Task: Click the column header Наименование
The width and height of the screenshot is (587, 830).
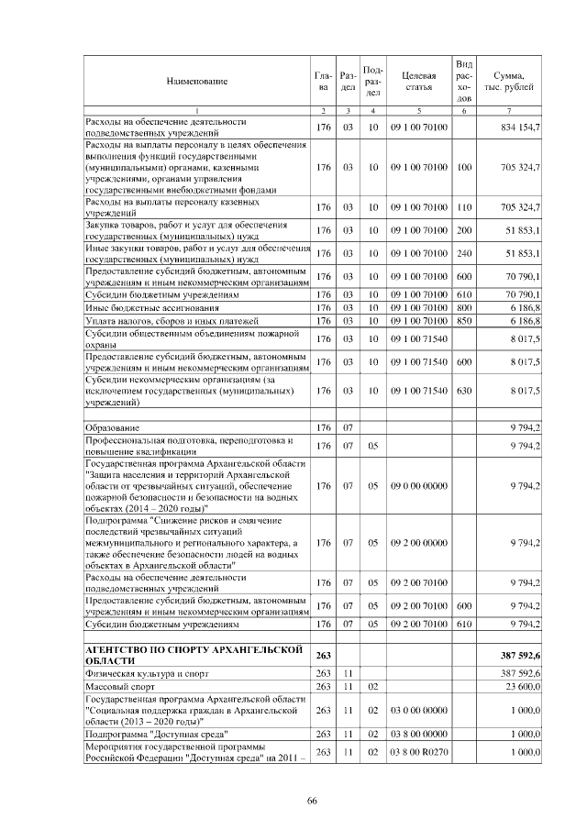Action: (196, 82)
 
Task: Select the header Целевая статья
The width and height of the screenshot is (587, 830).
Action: (418, 82)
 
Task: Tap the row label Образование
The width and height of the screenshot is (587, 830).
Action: (113, 428)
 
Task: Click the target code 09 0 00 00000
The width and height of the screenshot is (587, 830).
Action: (418, 485)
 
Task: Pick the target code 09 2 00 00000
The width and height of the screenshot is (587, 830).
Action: (418, 543)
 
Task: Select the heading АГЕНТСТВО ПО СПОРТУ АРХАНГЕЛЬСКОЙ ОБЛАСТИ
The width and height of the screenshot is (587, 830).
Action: (194, 656)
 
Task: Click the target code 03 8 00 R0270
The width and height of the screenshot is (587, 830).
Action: (418, 752)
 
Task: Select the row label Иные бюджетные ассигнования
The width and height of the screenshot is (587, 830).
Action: (138, 308)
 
